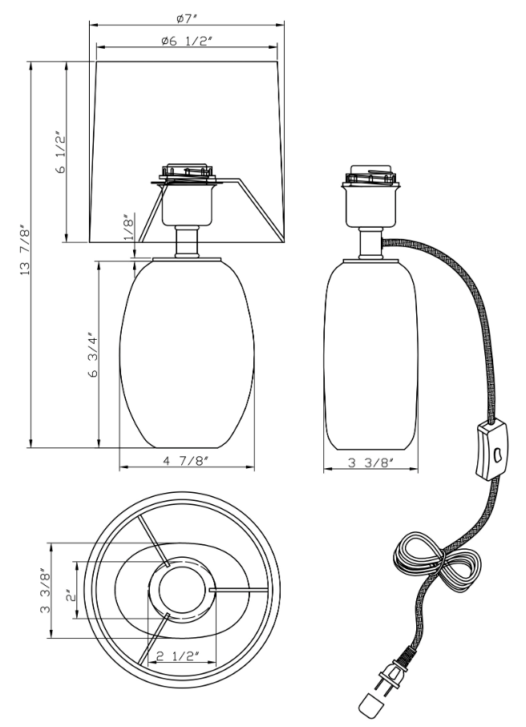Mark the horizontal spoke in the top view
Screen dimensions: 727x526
(x=238, y=590)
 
